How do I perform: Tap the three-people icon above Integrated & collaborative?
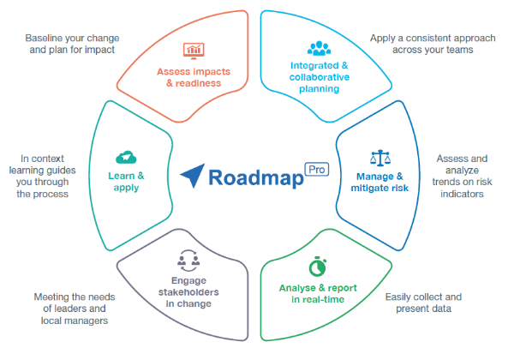(319, 49)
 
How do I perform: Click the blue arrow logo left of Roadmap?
(193, 177)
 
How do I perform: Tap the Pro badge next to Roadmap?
(316, 170)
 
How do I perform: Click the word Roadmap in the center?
(252, 178)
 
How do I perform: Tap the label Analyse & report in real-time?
(319, 294)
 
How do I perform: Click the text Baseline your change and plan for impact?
(69, 44)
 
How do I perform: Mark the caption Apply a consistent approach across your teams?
(433, 44)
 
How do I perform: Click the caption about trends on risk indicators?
(459, 176)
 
